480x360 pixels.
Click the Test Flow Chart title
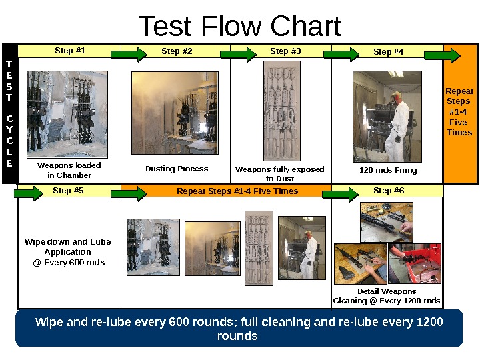(x=240, y=26)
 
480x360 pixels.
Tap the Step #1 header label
(x=70, y=51)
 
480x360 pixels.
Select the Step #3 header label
(x=285, y=51)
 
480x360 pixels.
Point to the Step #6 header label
(x=389, y=191)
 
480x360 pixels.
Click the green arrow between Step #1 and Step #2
(x=129, y=55)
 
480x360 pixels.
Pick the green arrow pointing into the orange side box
(x=442, y=55)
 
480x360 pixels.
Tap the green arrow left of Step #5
(x=29, y=193)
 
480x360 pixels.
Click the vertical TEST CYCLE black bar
(x=10, y=113)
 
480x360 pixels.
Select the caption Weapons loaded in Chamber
(x=69, y=170)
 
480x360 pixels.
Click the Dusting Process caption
(x=177, y=169)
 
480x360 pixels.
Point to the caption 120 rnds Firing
(x=388, y=170)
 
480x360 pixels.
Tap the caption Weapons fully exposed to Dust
(x=279, y=173)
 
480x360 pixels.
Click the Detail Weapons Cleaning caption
(x=387, y=296)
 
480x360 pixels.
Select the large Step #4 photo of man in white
(x=387, y=117)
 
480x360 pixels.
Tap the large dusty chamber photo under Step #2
(x=175, y=113)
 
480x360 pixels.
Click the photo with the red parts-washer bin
(x=415, y=263)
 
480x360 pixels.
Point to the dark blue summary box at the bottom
(x=239, y=328)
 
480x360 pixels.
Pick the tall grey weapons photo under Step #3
(x=282, y=111)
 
